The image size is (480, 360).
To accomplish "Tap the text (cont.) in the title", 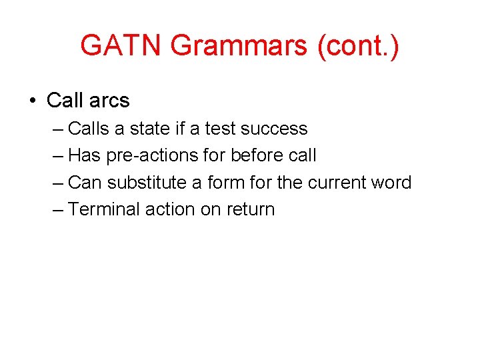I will [359, 46].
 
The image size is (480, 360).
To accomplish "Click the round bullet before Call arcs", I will [32, 101].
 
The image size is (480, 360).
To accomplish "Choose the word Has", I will [83, 155].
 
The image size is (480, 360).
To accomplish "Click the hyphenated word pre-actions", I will [150, 155].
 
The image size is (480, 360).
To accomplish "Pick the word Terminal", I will [104, 209].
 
